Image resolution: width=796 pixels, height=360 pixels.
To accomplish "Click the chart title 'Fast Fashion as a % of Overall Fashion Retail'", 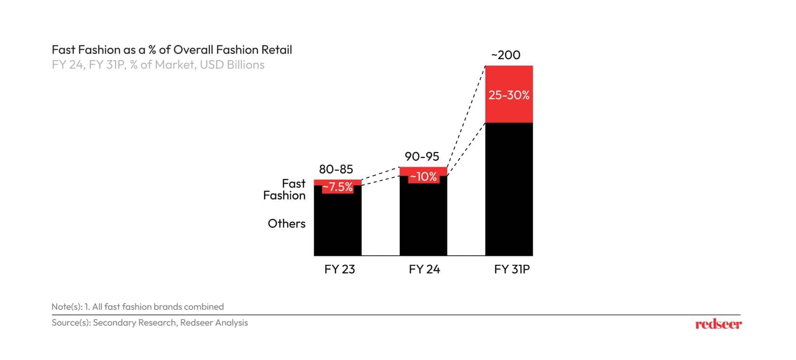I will click(x=172, y=50).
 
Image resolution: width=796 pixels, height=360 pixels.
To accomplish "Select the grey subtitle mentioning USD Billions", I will click(x=158, y=65).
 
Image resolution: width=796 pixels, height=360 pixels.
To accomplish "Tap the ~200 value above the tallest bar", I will click(x=506, y=55).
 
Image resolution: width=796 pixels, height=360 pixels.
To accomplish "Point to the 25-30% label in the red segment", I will click(x=509, y=95).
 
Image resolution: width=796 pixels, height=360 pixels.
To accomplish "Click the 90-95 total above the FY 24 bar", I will click(x=422, y=156).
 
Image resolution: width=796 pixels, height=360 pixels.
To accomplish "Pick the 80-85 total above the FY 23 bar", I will click(x=336, y=169).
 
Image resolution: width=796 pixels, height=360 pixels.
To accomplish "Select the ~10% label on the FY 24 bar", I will click(x=423, y=177).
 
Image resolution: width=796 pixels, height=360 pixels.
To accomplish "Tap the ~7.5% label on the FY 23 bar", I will click(x=337, y=187).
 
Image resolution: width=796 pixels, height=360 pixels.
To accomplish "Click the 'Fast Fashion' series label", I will click(x=285, y=189).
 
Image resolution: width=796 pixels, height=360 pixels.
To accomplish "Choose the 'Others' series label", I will click(x=286, y=224).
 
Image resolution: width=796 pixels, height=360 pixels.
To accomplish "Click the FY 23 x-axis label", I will click(x=339, y=269).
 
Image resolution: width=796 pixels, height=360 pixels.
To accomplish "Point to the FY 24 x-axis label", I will click(x=424, y=269).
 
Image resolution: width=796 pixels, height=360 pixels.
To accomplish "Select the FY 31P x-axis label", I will click(x=511, y=269).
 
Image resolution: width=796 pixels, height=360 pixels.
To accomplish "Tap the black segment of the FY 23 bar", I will click(x=337, y=225).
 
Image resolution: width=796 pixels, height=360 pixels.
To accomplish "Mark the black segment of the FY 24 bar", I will click(x=423, y=220).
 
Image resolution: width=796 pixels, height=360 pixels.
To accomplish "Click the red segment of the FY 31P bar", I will click(x=509, y=113).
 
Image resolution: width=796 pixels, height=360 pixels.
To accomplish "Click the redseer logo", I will click(x=718, y=324).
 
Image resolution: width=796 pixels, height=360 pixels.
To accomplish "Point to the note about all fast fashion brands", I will click(x=138, y=307).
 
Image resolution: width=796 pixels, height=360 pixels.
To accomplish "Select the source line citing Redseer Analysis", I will click(x=150, y=323).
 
